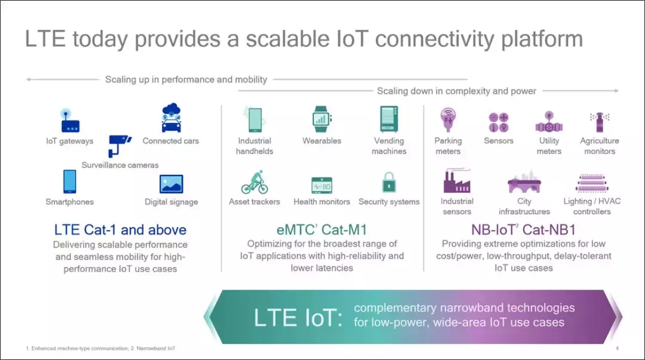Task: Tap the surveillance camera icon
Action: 119,146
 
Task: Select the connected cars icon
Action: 171,118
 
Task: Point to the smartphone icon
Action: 69,181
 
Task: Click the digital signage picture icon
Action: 171,184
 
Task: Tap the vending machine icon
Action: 389,119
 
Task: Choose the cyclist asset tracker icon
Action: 254,182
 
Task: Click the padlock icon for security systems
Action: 389,182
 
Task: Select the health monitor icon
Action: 322,185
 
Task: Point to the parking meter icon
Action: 448,120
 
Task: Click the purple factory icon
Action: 457,181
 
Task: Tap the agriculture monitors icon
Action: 600,122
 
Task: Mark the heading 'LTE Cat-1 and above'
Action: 120,230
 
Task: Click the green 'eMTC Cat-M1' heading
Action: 322,230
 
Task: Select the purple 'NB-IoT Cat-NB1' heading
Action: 523,230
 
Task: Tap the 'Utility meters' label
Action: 549,146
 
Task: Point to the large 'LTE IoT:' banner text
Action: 298,318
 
